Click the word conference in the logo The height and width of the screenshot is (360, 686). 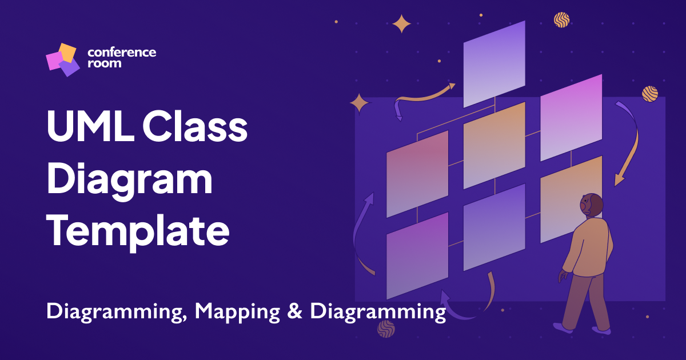[x=122, y=52]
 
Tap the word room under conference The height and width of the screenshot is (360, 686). [x=104, y=63]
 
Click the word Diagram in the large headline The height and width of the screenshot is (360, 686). [x=129, y=181]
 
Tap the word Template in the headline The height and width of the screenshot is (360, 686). [x=138, y=231]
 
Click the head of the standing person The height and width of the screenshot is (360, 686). [x=591, y=205]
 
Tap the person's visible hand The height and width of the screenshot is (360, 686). [x=563, y=277]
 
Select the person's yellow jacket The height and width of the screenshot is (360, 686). [x=589, y=246]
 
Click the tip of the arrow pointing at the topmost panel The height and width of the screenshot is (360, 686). [x=454, y=85]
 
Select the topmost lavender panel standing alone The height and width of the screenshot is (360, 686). [x=494, y=63]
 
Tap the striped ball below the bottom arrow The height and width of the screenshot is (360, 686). [x=386, y=329]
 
